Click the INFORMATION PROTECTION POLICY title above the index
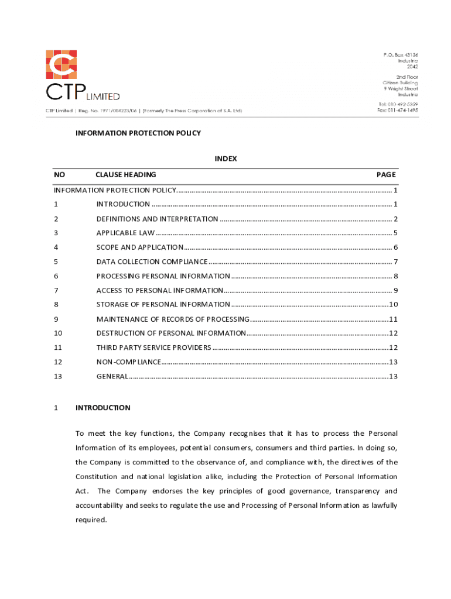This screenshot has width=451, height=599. (x=138, y=133)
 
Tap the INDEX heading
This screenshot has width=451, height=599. (x=225, y=159)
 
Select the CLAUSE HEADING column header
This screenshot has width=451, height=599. (x=126, y=174)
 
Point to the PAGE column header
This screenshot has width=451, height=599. (x=386, y=174)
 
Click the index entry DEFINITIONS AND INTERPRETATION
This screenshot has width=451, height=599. (x=157, y=219)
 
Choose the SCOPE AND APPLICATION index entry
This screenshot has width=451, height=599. (x=140, y=247)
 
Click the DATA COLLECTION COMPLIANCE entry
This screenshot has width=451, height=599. (x=152, y=261)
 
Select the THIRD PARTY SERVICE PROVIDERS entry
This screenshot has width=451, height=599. (x=153, y=347)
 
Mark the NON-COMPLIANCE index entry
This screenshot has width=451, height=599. (x=128, y=362)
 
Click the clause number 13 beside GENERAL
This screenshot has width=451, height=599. (x=58, y=376)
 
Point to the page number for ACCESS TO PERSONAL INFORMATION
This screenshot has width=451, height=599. (x=396, y=290)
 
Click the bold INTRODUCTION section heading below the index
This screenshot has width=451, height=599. (x=103, y=408)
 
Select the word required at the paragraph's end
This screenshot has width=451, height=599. (x=91, y=519)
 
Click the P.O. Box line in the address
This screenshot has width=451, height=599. (x=401, y=55)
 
